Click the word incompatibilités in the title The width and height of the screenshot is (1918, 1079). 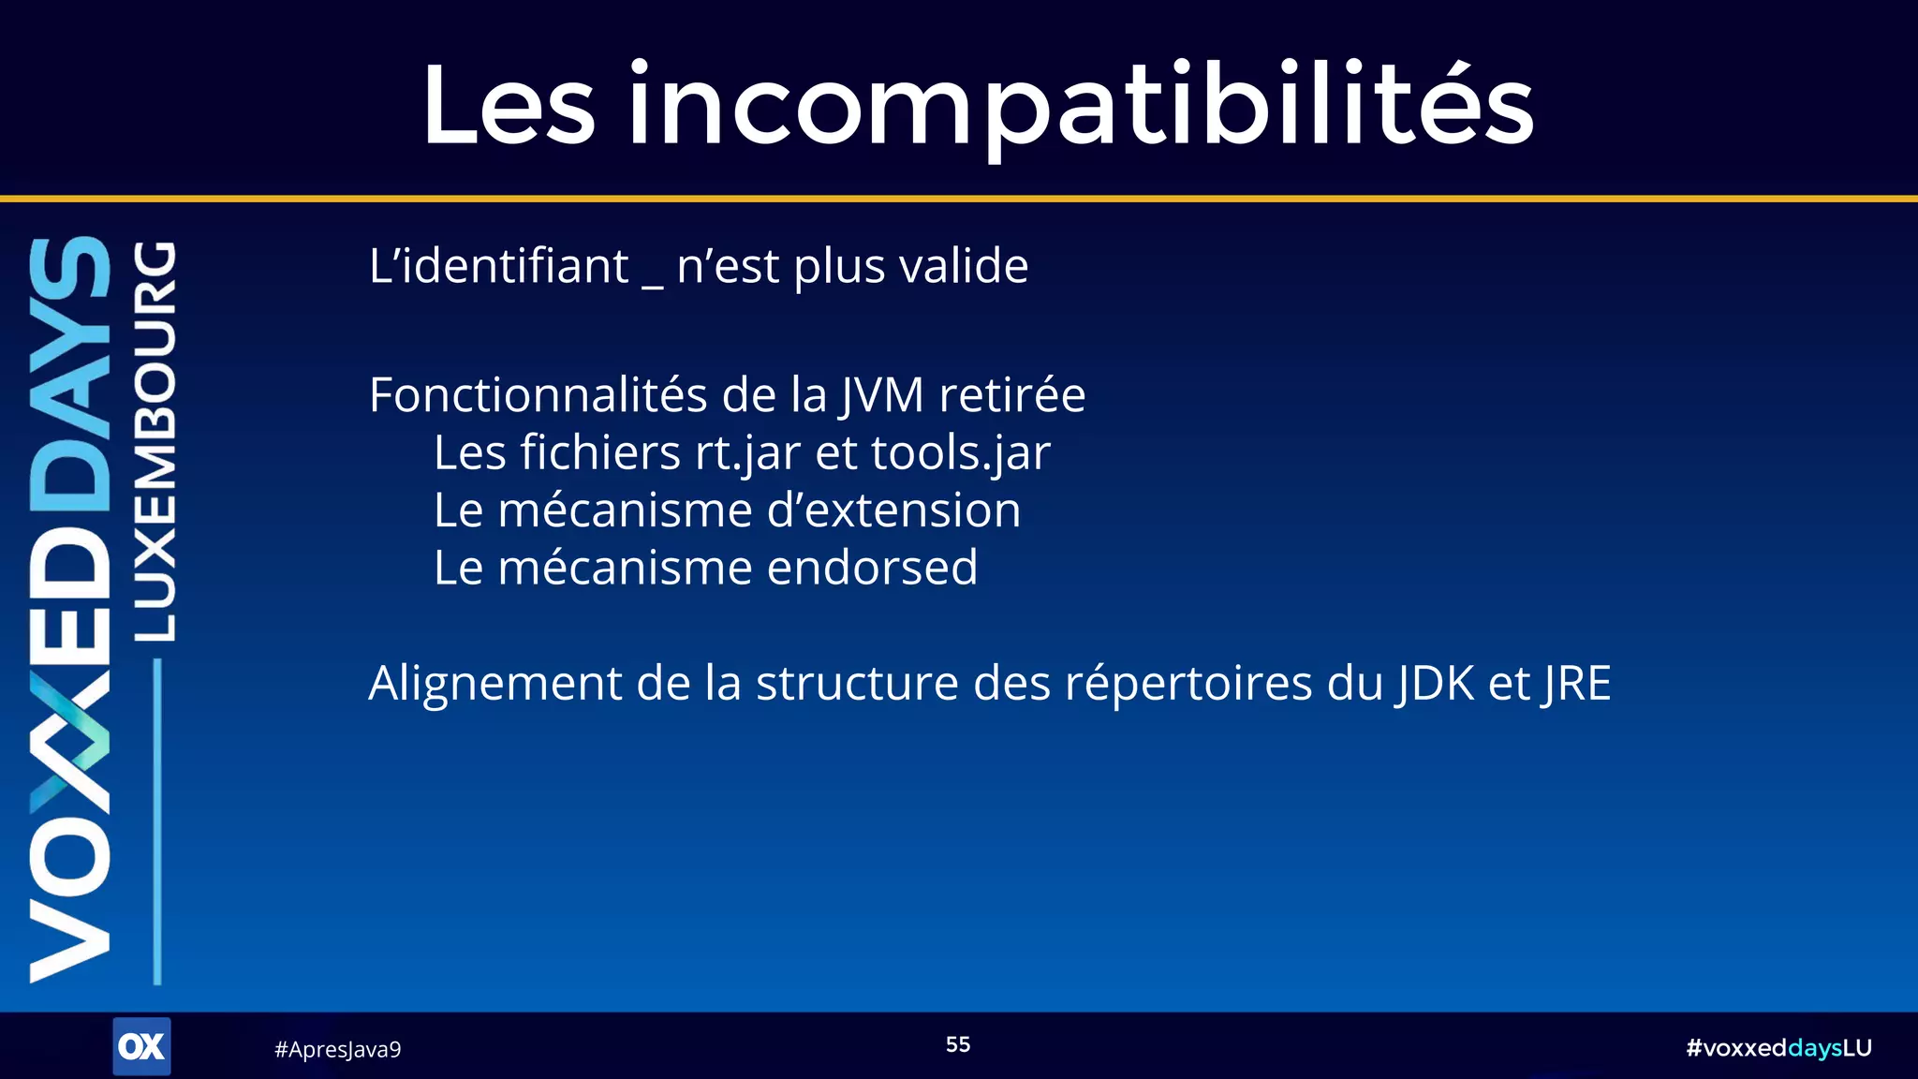pos(1080,105)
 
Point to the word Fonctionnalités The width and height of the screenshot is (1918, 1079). pos(538,395)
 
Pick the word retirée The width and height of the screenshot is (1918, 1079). pos(1011,395)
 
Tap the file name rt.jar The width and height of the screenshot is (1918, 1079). pos(747,454)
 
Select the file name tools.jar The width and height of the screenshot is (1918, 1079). pos(960,454)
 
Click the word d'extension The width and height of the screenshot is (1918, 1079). pos(893,511)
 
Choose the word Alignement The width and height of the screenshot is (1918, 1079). pos(494,684)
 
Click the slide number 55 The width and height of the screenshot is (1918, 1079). pos(958,1044)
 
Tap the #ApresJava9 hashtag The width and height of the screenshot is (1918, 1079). pos(337,1050)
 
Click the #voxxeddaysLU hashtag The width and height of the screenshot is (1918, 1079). pos(1778,1048)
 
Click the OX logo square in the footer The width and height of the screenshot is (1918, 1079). pos(141,1046)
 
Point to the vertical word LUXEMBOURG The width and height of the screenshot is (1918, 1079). pos(155,441)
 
